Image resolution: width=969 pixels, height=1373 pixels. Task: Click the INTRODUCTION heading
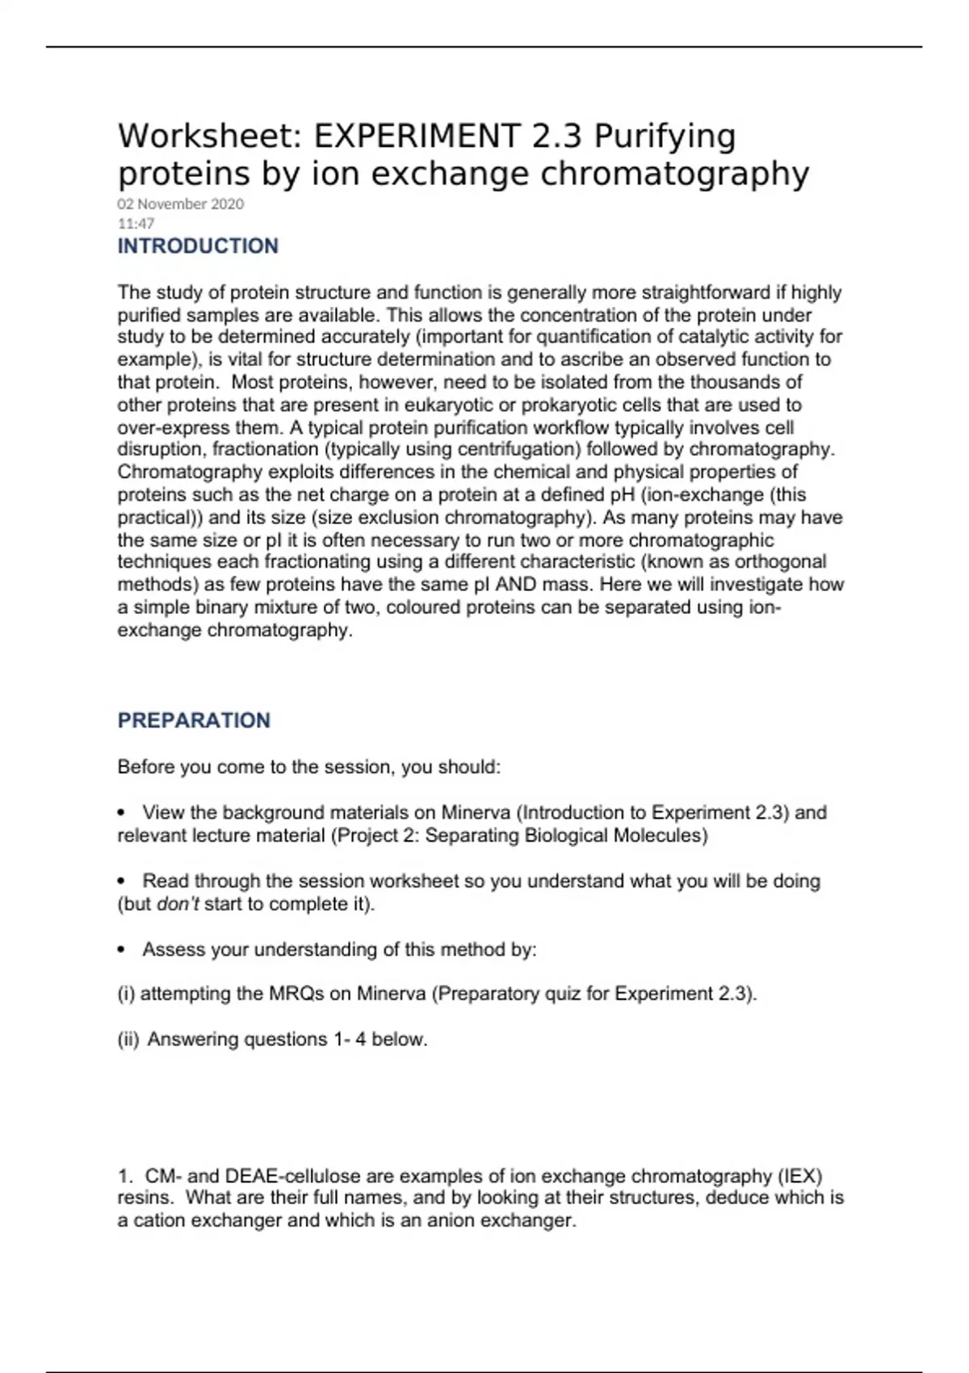coord(198,246)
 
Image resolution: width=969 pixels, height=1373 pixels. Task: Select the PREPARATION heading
coord(194,720)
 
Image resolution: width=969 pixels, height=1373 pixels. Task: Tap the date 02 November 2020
coord(181,204)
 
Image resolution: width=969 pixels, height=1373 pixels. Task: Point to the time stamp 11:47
coord(136,224)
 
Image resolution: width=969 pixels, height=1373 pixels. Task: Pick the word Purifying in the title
coord(665,136)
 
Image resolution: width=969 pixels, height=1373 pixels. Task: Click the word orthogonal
coord(774,562)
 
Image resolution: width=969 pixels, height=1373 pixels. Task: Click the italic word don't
coord(178,904)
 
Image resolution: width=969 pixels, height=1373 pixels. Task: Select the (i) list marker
coord(126,993)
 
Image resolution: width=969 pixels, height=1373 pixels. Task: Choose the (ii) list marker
coord(128,1039)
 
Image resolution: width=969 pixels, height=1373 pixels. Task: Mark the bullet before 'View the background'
coord(122,812)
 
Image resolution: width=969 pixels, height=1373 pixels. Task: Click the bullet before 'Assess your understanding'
coord(122,950)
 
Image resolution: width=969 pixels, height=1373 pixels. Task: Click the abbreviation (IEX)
coord(799,1176)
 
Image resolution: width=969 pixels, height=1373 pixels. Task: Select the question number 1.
coord(124,1176)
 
